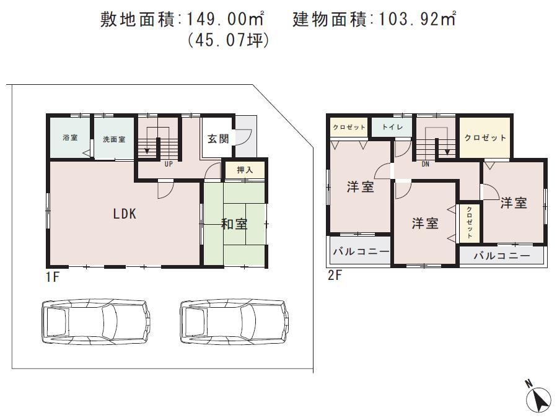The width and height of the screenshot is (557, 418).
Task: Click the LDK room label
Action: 124,214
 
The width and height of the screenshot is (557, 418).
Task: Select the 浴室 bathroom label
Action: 70,138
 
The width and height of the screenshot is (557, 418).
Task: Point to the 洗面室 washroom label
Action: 114,139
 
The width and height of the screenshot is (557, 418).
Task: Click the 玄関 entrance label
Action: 218,138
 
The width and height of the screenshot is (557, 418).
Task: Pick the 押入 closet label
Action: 245,169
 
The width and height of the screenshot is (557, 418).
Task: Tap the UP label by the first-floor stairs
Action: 168,165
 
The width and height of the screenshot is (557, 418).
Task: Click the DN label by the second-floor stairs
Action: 425,165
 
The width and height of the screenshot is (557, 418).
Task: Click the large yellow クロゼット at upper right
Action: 485,137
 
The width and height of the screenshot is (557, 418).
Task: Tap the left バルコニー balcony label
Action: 361,252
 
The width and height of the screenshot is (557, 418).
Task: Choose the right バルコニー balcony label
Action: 502,255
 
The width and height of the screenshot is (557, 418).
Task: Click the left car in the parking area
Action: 96,321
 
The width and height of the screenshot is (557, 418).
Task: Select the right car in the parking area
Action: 235,321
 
